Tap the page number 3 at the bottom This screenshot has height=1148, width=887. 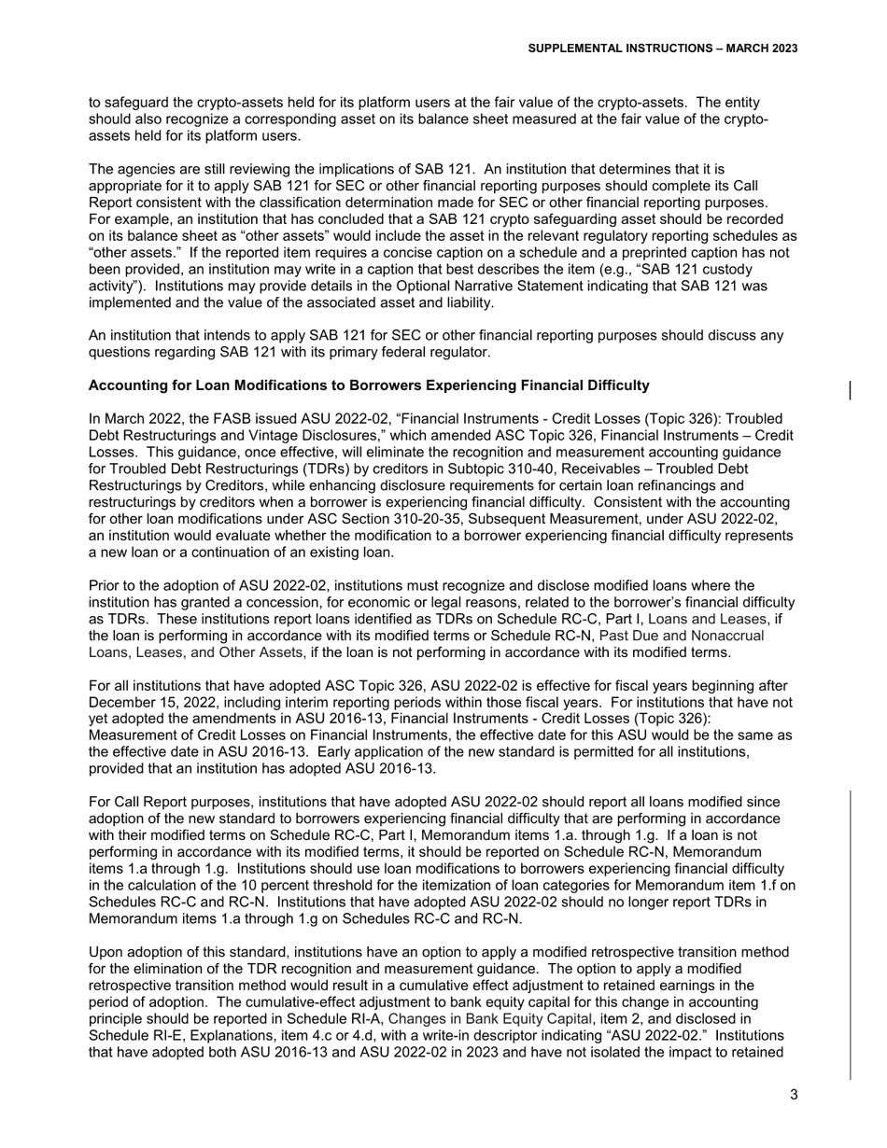(x=794, y=1096)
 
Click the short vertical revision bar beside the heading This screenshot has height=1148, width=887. (x=849, y=391)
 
